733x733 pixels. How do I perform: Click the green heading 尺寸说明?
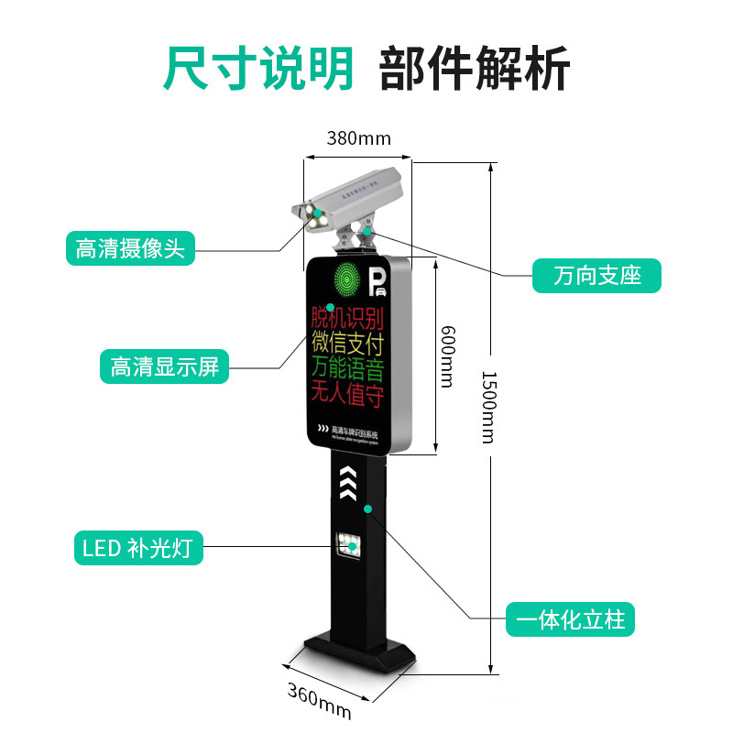[258, 67]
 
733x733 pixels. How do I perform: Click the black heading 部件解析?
[474, 67]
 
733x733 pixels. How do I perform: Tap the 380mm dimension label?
[358, 138]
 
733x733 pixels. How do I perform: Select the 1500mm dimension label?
[488, 407]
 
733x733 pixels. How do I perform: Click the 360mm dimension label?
[319, 699]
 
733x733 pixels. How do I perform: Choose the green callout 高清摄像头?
[130, 248]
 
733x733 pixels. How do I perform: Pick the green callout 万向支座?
[596, 275]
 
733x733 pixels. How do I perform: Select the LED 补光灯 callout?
[137, 548]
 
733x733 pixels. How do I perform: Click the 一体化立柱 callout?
[570, 619]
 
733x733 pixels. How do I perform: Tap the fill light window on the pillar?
[349, 548]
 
